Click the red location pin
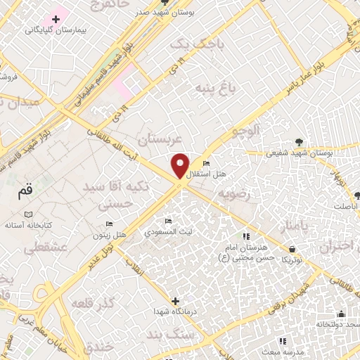[x=180, y=166]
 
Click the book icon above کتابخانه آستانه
[x=28, y=213]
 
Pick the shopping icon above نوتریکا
[x=292, y=248]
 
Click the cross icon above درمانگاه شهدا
[x=175, y=300]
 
